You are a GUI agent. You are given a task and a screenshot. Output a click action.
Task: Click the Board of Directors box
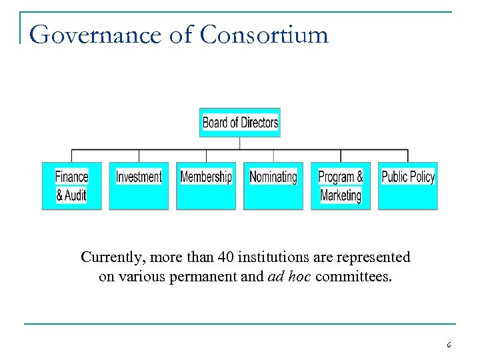click(x=239, y=123)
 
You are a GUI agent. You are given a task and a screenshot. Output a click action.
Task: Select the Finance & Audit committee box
click(x=71, y=186)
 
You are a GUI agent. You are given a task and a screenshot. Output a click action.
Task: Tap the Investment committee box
click(x=139, y=186)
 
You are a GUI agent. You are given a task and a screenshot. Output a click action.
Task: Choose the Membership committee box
click(x=206, y=186)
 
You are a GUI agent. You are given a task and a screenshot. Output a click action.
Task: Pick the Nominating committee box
click(x=273, y=186)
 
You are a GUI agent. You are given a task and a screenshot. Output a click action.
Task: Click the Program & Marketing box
click(x=340, y=186)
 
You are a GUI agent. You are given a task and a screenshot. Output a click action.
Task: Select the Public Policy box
click(x=407, y=186)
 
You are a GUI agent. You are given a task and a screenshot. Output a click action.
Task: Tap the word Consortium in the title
click(x=264, y=35)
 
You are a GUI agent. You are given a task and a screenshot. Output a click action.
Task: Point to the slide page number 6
click(x=449, y=345)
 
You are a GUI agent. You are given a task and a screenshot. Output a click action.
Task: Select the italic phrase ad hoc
click(x=289, y=277)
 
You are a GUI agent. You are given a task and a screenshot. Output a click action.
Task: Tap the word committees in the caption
click(x=353, y=277)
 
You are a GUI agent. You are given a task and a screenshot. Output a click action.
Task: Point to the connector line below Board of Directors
click(x=239, y=143)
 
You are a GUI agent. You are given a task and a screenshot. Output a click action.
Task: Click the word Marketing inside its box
click(x=340, y=195)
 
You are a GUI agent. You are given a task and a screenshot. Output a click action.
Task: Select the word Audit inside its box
click(x=75, y=195)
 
